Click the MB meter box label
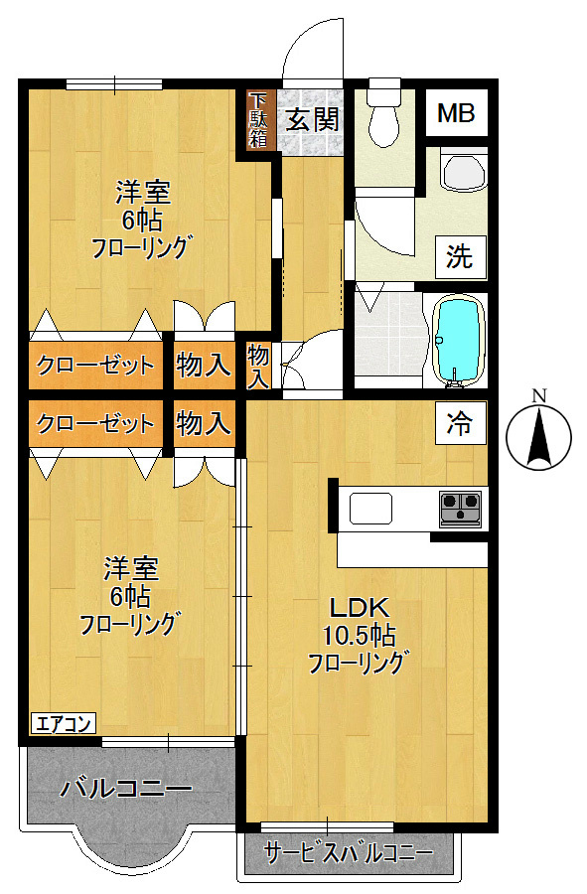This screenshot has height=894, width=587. tap(457, 113)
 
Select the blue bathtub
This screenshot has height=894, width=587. tap(458, 340)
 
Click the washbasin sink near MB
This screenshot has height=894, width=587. tap(463, 171)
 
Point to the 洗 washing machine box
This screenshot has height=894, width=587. tap(459, 257)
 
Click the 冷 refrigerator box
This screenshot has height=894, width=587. tap(459, 424)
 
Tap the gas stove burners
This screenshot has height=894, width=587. tap(461, 507)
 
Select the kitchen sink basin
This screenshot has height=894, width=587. tap(370, 508)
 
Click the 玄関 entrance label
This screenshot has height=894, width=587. tap(313, 120)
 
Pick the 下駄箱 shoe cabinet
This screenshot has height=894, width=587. tap(258, 120)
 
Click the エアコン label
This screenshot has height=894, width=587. tap(63, 723)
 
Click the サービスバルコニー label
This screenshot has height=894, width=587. tap(348, 852)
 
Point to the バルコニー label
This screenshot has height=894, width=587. tap(125, 790)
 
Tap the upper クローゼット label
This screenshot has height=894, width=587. tap(95, 366)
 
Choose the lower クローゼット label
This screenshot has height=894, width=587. tap(95, 424)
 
